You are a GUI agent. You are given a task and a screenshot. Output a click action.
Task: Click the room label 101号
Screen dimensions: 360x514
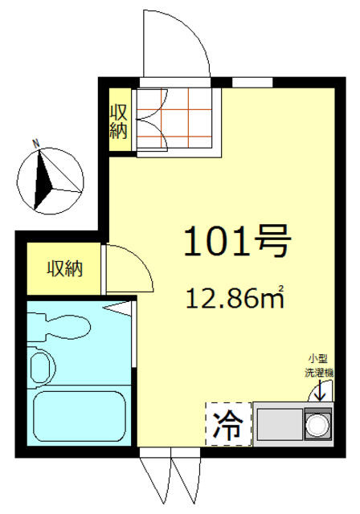(x=237, y=241)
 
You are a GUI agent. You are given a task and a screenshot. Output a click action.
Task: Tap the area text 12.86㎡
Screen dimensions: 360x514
(x=235, y=298)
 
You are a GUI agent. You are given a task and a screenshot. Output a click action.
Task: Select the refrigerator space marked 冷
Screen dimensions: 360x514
(x=228, y=424)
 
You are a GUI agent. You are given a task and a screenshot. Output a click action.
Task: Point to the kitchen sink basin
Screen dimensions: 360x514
(x=280, y=424)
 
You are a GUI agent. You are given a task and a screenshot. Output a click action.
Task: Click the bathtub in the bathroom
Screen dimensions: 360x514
(x=80, y=416)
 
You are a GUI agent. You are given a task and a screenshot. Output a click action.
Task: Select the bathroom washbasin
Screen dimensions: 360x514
(x=41, y=366)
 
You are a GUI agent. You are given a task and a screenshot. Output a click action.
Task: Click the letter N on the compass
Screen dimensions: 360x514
(x=36, y=143)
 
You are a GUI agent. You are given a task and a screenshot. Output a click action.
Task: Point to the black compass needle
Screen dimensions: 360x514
(x=43, y=180)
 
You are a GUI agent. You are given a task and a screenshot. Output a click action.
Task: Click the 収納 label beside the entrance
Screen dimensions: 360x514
(x=118, y=121)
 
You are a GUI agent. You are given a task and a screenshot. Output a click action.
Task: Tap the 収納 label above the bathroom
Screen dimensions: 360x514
(x=64, y=268)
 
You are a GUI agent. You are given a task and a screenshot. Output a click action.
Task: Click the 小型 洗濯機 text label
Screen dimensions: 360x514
(x=319, y=366)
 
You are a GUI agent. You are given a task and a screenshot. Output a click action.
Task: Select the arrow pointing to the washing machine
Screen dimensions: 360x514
(x=320, y=390)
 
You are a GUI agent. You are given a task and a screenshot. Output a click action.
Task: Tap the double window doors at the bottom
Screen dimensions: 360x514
(x=170, y=479)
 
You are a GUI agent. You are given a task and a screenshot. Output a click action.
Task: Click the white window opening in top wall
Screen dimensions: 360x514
(x=252, y=82)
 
